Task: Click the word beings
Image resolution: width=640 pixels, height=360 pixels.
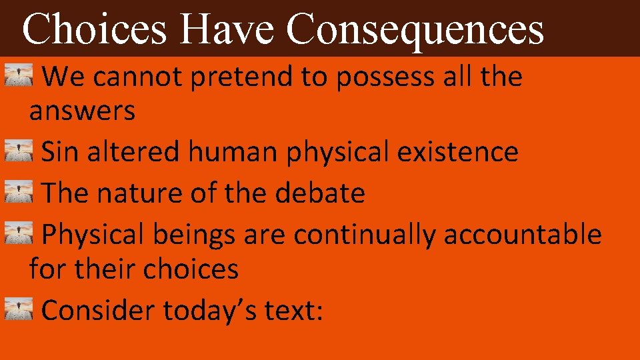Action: click(193, 235)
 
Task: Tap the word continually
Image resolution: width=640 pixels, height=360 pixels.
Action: click(365, 235)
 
